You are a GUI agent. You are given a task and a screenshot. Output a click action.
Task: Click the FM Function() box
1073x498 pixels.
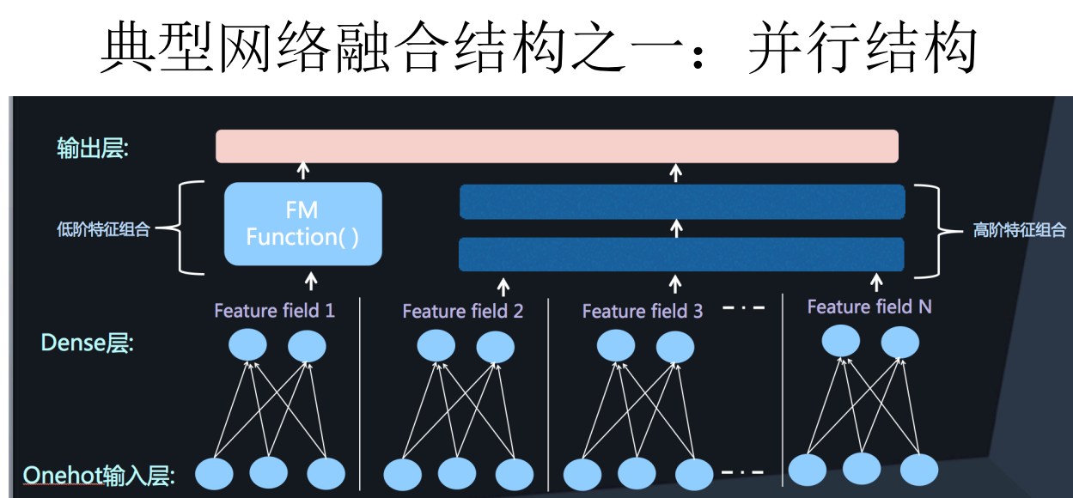(302, 223)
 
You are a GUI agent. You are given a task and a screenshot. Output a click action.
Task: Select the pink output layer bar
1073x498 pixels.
(557, 146)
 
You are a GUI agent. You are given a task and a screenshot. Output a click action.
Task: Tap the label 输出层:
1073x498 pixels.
(92, 149)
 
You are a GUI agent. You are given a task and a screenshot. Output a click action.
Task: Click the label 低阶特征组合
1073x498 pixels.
(103, 229)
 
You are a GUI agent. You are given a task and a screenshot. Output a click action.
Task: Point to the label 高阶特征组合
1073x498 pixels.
(1019, 230)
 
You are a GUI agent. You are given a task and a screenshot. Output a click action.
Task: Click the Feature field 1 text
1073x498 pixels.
(274, 310)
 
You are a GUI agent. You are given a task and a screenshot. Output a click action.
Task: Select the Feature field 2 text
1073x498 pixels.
(462, 311)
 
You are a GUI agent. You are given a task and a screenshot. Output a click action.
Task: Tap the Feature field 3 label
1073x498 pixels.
(642, 311)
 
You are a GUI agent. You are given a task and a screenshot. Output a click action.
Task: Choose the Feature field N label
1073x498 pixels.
(869, 307)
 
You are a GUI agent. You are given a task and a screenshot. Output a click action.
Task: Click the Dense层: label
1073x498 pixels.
(87, 344)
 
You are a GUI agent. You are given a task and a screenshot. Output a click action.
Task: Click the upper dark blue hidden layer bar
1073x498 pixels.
(682, 202)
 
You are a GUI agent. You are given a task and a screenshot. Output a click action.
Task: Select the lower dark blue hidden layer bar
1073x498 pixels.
(682, 254)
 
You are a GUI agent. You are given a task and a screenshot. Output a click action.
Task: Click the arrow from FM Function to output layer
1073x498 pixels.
(302, 169)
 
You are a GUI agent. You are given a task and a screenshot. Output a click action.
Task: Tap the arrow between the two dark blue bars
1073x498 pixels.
(676, 228)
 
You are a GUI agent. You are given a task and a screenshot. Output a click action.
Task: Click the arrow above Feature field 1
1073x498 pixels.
(312, 281)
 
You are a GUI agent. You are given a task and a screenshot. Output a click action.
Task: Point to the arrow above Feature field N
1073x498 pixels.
(876, 282)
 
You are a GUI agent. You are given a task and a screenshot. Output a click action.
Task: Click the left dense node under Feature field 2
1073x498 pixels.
(436, 346)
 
